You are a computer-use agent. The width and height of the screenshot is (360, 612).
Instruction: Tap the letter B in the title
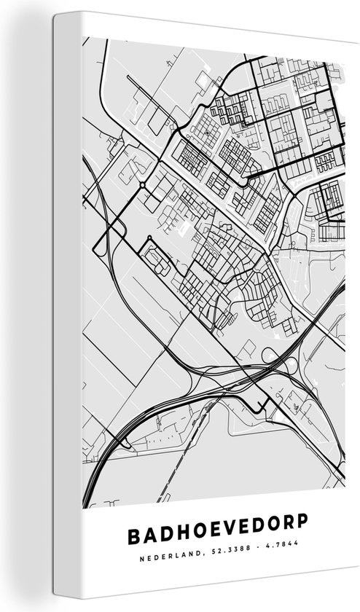pyautogui.click(x=133, y=535)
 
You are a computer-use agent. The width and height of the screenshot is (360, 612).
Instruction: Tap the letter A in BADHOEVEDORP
pyautogui.click(x=149, y=535)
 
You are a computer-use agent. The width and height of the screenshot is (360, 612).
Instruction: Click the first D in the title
pyautogui.click(x=164, y=535)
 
